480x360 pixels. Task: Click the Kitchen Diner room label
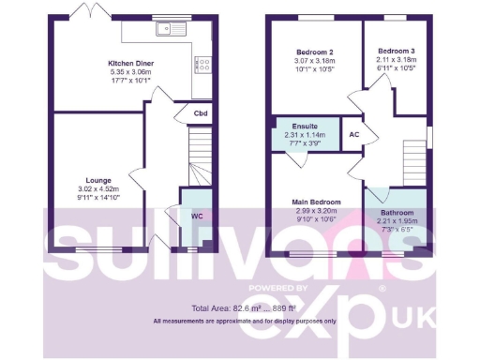129,63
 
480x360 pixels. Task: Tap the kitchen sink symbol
174,28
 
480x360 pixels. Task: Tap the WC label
197,217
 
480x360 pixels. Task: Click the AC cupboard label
353,133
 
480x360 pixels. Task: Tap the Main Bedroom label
315,202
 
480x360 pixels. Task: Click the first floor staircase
412,159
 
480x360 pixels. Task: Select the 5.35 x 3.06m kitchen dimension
129,72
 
